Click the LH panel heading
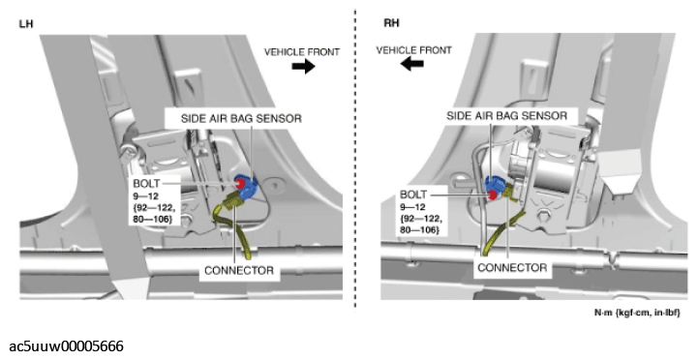pos(26,23)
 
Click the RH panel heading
pos(391,23)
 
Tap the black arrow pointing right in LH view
pos(304,67)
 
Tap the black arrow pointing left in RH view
pos(411,64)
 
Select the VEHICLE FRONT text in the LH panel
pos(302,52)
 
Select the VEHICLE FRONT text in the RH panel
pos(414,50)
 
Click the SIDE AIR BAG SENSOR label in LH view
pos(241,118)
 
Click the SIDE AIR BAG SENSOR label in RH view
pos(507,116)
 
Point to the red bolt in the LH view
pos(240,183)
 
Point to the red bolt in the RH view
pos(493,195)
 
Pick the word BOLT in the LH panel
pos(146,183)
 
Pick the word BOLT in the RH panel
pos(413,195)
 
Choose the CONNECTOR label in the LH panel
pos(239,271)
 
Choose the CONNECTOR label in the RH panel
pos(512,268)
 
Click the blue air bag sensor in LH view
pos(247,187)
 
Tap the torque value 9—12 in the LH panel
pos(145,195)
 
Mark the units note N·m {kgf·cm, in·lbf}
pos(637,313)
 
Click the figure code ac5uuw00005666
pos(67,346)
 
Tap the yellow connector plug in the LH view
pos(232,201)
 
